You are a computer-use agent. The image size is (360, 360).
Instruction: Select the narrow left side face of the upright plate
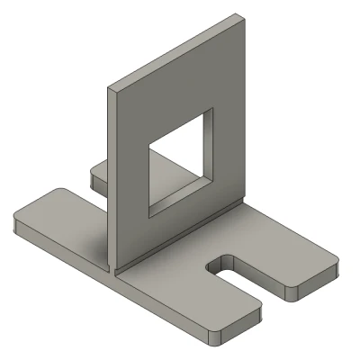click(x=112, y=180)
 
